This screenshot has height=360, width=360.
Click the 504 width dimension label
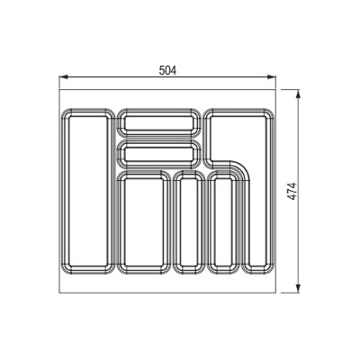[x=167, y=70]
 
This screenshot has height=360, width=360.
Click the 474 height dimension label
[x=292, y=191]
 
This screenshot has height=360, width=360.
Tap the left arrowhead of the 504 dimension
[x=63, y=76]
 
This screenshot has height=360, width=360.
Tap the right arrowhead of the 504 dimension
[x=272, y=76]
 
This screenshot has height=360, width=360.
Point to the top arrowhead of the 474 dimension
[x=298, y=94]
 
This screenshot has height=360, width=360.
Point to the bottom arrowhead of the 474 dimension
[x=298, y=289]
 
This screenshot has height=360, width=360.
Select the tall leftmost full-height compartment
[x=88, y=192]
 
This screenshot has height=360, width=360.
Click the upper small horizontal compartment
[x=158, y=123]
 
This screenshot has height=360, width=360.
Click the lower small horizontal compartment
[x=158, y=154]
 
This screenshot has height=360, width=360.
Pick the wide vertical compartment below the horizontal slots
[x=144, y=222]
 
